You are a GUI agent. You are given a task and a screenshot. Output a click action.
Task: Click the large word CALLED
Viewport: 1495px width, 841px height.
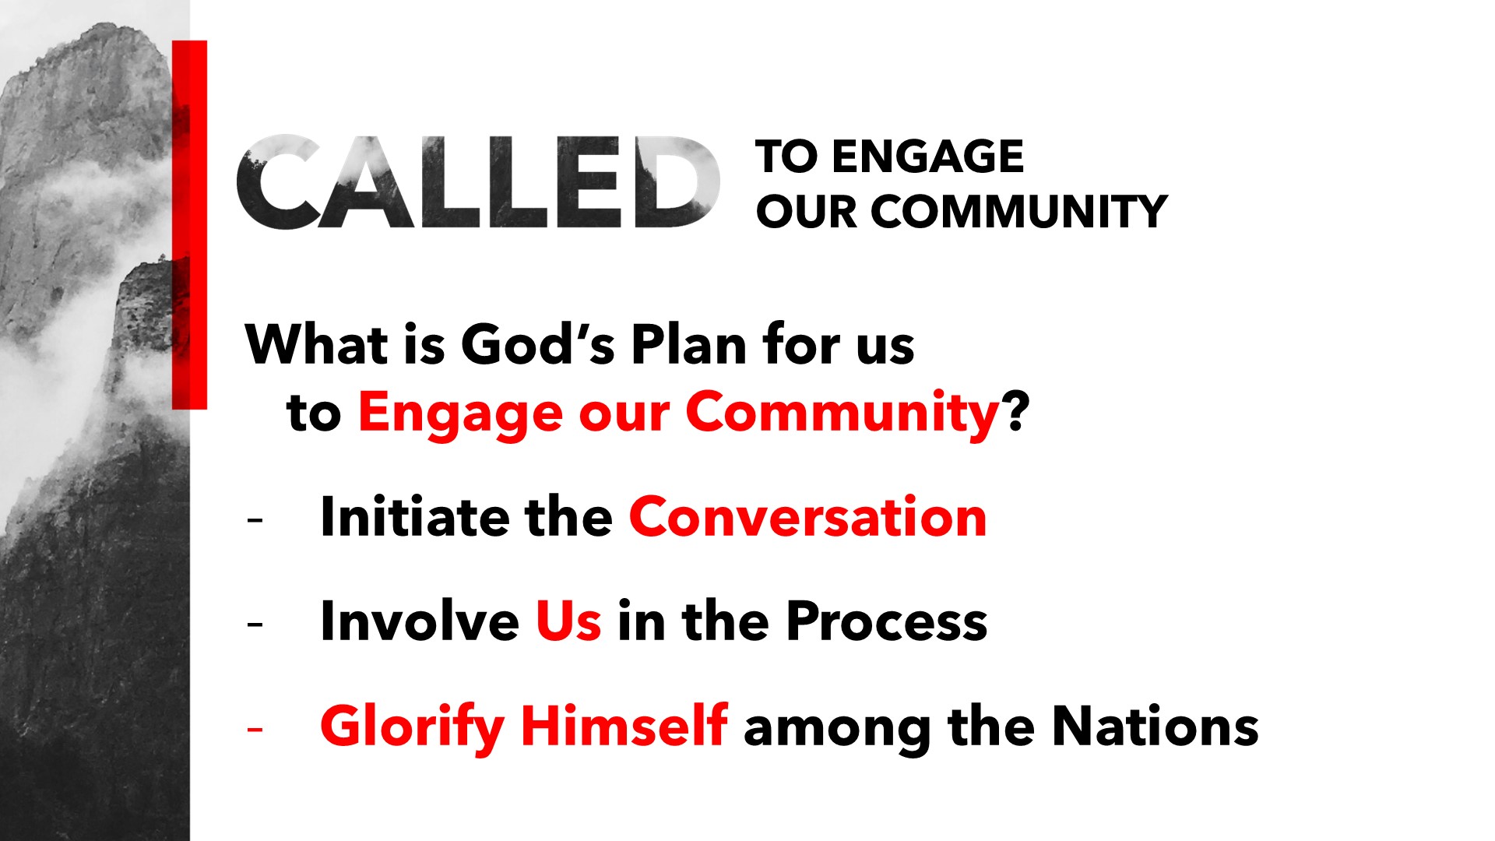pos(478,182)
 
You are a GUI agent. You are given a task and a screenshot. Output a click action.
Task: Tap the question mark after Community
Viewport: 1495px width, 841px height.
pos(1017,411)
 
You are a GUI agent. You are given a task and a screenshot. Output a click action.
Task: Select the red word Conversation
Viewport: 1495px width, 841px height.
pos(808,517)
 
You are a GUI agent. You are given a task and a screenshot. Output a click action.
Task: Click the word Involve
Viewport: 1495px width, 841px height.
pos(420,621)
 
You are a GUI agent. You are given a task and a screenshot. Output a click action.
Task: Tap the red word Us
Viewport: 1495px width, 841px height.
pos(568,621)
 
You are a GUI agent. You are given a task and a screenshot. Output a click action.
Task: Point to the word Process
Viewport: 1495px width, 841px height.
pos(887,622)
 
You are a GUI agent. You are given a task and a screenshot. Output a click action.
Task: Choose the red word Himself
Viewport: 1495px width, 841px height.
pos(624,726)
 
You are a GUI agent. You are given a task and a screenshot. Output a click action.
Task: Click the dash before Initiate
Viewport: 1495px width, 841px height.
pos(255,520)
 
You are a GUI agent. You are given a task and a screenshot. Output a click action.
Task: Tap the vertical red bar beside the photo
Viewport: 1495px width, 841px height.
pos(189,224)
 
